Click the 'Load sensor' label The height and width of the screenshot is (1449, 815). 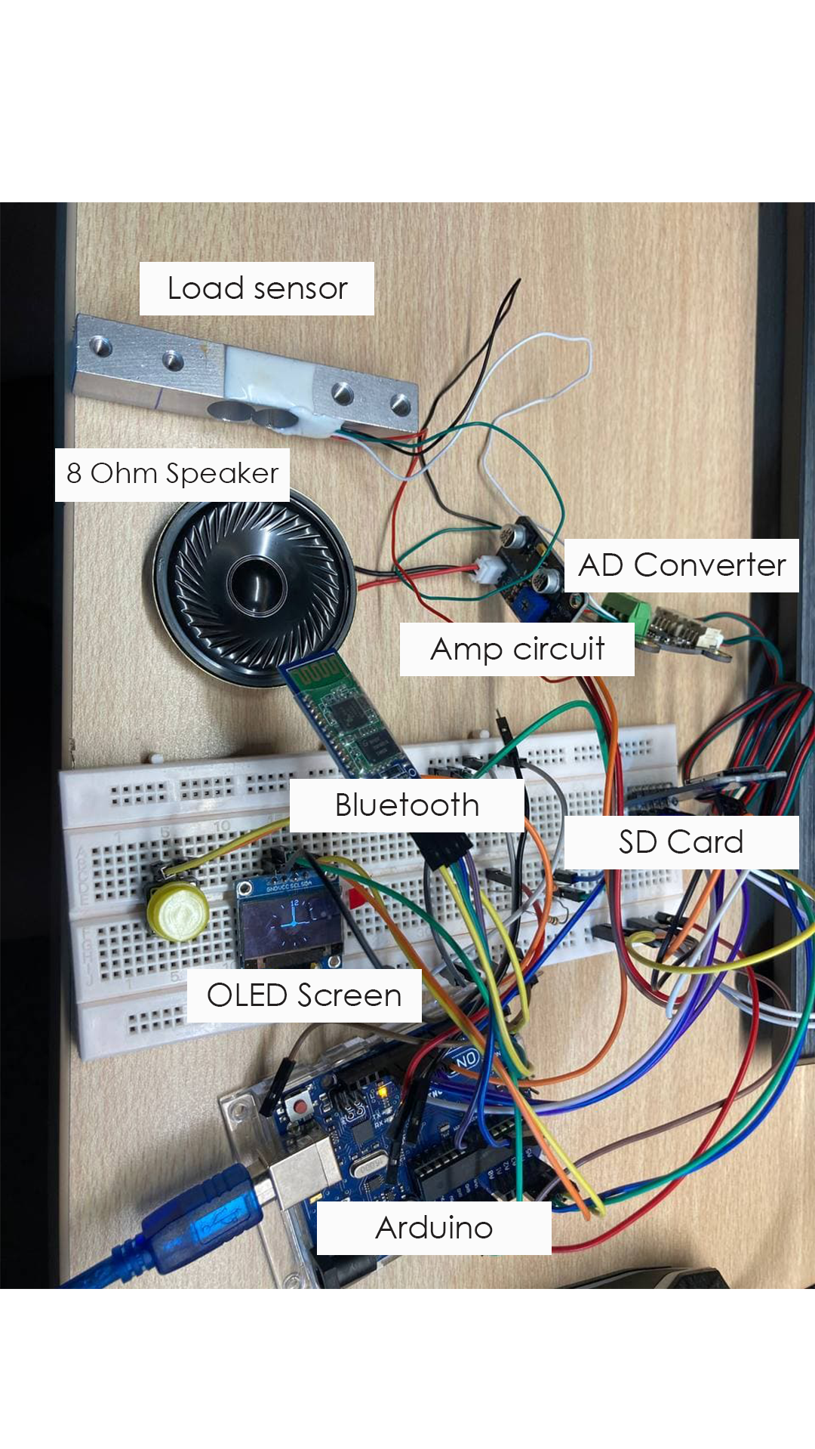coord(257,288)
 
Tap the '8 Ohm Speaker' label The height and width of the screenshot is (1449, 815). coord(172,474)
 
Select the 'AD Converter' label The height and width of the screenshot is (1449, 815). coord(681,565)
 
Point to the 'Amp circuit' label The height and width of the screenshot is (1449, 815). coord(517,649)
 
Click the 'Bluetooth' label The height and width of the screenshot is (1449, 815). coord(407,805)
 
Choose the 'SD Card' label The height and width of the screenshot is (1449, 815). coord(681,842)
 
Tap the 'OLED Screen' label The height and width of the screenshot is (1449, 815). coord(304,995)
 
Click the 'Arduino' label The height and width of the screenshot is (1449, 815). coord(434,1228)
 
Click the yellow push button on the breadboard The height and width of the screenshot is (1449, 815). coord(178,911)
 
